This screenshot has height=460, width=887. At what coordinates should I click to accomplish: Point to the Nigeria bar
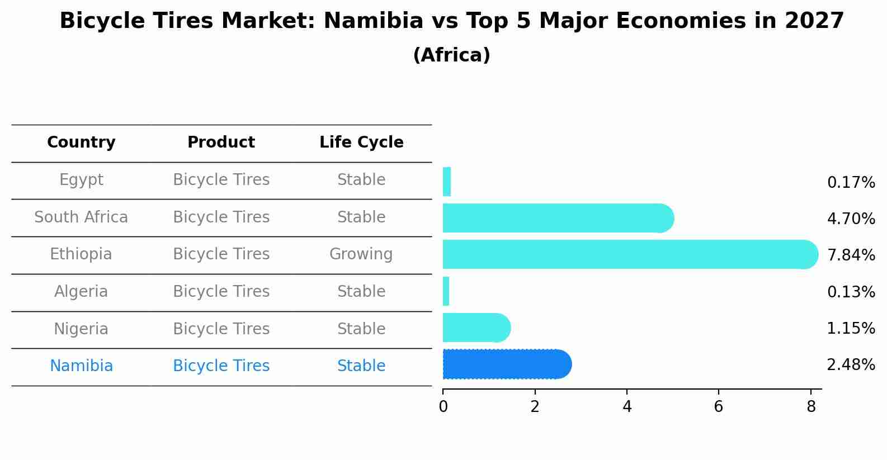476,328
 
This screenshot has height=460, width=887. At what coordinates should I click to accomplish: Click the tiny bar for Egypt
447,182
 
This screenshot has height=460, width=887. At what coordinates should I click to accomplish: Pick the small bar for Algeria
446,291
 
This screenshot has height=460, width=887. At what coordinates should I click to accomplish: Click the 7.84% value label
851,255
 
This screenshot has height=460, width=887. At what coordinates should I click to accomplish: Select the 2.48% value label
851,365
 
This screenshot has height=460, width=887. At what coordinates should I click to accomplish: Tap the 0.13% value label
851,292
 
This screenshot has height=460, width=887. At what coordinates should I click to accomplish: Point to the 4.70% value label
851,219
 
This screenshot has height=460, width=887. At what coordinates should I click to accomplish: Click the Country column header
81,143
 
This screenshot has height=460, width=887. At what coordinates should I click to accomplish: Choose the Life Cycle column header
361,143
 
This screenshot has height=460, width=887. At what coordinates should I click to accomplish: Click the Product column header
221,143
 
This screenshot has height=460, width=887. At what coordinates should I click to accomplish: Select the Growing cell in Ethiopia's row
361,254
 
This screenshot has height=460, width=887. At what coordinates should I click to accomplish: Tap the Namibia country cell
81,366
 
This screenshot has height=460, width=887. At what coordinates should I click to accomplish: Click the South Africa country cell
81,217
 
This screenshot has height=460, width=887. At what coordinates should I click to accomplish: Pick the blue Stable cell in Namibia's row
361,366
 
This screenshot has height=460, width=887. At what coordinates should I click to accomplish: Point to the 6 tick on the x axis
719,407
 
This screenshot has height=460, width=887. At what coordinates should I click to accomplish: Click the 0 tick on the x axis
443,407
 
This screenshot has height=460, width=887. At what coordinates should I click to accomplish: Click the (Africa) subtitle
451,55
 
